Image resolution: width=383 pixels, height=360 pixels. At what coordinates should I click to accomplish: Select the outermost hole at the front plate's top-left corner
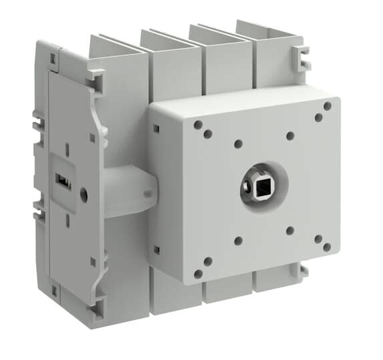[x=198, y=124]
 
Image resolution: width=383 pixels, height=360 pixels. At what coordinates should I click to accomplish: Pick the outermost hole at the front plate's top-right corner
[x=327, y=105]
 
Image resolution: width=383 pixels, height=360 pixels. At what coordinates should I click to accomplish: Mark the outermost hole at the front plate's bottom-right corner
[x=326, y=247]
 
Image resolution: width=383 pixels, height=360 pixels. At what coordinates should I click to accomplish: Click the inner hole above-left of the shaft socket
[x=238, y=143]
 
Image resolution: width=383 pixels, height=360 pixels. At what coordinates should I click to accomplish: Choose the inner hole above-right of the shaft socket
[x=290, y=136]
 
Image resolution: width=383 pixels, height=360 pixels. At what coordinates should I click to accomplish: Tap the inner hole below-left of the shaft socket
[x=238, y=241]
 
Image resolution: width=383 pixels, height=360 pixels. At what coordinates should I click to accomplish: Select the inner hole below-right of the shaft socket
[x=290, y=231]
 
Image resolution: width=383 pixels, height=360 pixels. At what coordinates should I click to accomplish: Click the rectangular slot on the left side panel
[x=59, y=181]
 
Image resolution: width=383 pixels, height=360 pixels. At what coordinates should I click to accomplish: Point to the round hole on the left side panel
[x=83, y=195]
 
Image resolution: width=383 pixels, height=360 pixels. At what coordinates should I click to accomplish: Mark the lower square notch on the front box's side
[x=155, y=249]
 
